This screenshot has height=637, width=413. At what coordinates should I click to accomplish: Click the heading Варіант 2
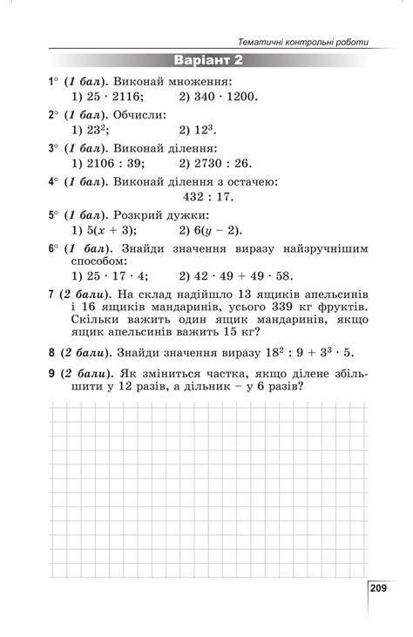pyautogui.click(x=207, y=60)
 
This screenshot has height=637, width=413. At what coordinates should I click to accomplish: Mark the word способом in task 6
pyautogui.click(x=94, y=261)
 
